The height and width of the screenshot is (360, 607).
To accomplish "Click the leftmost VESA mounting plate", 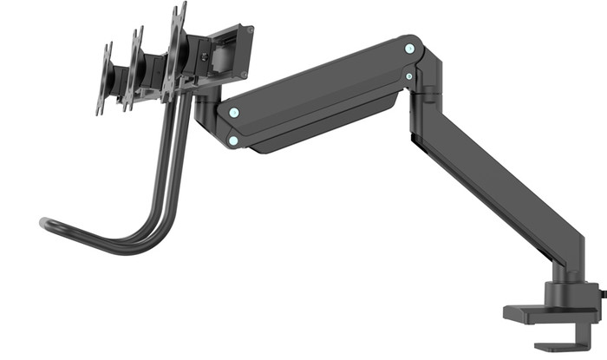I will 105,79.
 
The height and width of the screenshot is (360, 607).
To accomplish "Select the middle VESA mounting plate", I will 134,69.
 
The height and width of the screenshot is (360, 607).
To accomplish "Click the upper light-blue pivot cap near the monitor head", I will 232,112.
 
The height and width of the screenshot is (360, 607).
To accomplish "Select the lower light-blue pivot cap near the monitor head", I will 232,139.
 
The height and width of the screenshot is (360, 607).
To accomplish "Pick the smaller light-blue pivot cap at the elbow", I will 408,76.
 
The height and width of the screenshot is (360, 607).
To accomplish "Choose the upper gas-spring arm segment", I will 321,95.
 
